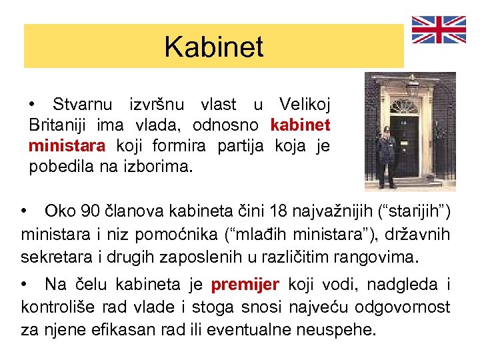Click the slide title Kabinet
click(x=214, y=47)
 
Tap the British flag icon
click(x=439, y=30)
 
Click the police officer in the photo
click(x=387, y=157)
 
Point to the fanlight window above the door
click(x=403, y=106)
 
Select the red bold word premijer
click(x=245, y=285)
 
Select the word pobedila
click(x=61, y=166)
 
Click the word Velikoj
click(x=304, y=104)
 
